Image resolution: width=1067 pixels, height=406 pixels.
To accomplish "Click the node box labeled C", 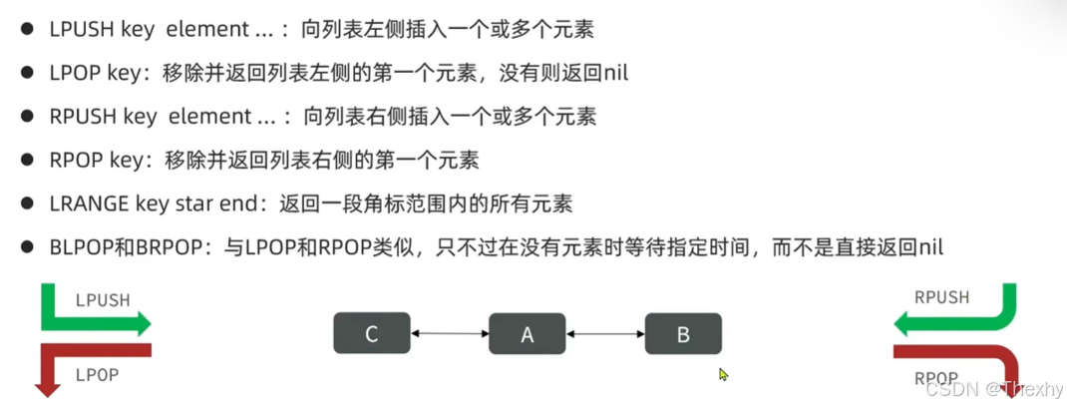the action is pos(371,333).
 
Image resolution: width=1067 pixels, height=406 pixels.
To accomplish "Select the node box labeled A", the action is pos(528,333).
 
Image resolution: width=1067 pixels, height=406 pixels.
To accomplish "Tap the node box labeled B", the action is pos(683,333).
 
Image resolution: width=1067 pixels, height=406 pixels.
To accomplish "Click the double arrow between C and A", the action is pos(449,333).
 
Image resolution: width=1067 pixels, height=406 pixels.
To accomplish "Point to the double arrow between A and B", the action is pos(605,333).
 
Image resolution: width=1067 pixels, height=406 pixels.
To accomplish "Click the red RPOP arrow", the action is pos(957,354).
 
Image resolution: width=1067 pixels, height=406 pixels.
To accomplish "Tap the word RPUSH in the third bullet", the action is pos(82,117).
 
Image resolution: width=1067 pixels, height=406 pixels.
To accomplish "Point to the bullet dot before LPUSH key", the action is pos(27,30).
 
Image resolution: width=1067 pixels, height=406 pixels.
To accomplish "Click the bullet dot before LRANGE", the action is pos(27,203).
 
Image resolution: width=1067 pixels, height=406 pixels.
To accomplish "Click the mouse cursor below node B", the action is pos(723,375).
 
